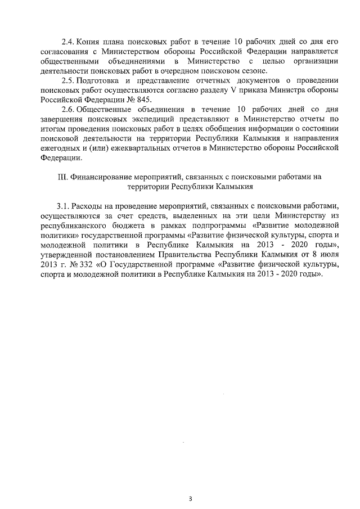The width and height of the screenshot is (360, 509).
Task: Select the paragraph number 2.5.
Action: point(67,84)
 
